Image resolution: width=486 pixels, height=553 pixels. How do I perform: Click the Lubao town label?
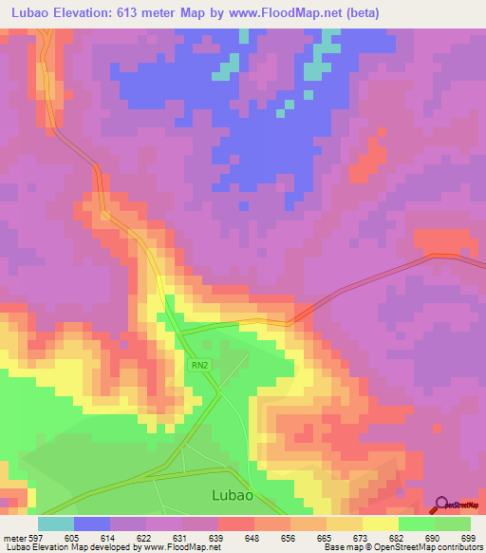(231, 495)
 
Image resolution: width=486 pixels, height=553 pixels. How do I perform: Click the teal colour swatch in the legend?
(56, 524)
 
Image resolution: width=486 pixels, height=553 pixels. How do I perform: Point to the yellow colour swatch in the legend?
(380, 524)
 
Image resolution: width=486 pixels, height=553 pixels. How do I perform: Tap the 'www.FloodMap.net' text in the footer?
(186, 548)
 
